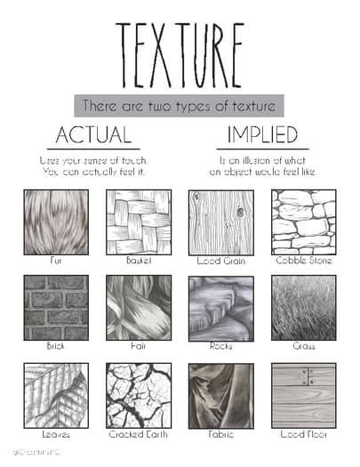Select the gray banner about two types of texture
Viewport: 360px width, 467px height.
(179, 106)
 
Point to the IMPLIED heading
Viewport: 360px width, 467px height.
(262, 136)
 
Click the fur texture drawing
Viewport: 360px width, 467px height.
(55, 221)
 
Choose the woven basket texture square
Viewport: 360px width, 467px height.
(138, 221)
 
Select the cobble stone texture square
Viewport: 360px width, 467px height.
(303, 221)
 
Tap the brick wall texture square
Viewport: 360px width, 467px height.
(55, 307)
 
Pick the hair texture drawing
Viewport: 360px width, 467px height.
(138, 307)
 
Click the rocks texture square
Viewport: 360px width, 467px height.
(220, 307)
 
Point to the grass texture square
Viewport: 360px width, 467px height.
(303, 307)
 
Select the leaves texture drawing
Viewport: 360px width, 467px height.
(55, 395)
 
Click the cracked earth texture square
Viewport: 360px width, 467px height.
(138, 395)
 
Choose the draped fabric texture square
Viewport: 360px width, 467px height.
(220, 395)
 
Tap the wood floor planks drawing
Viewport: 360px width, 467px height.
(303, 395)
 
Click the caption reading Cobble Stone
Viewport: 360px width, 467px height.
(303, 261)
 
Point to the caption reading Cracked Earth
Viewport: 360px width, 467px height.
(138, 435)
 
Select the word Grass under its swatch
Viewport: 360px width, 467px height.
(303, 346)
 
